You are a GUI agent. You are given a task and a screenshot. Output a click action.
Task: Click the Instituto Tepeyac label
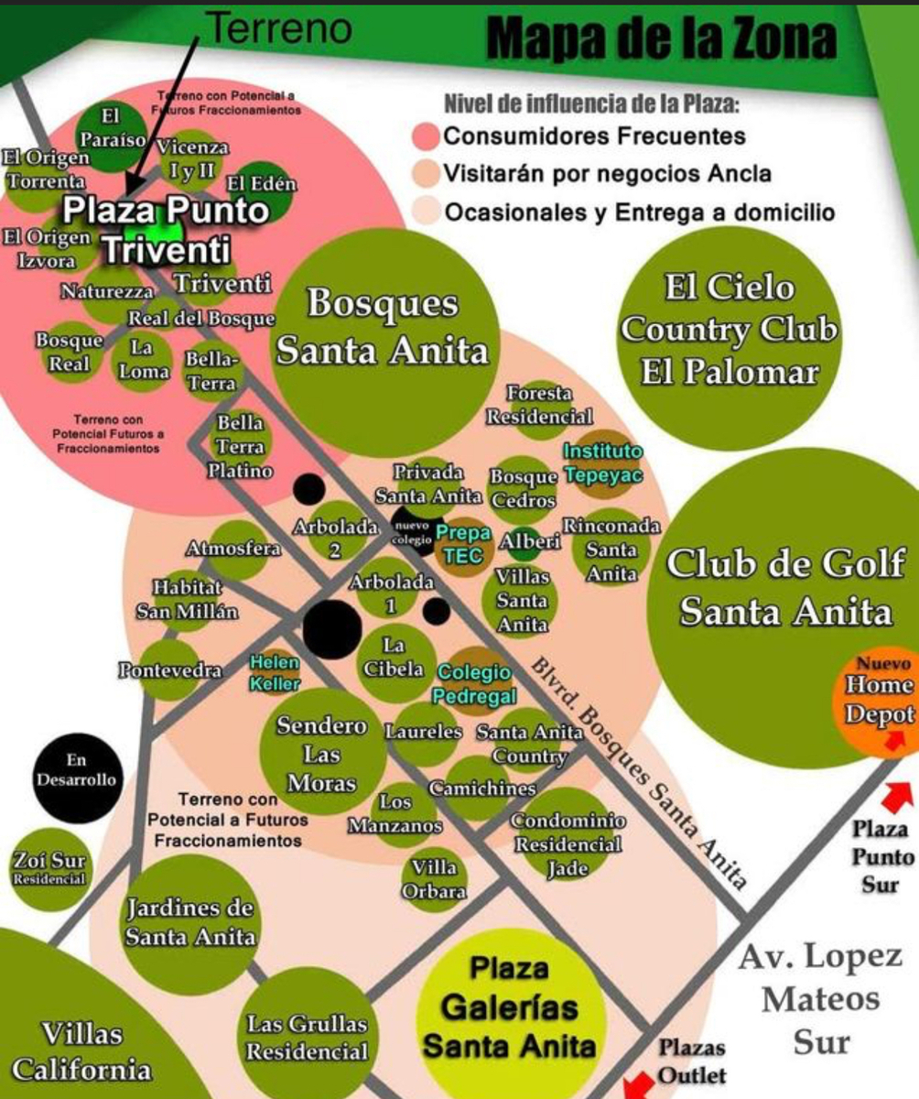(x=603, y=463)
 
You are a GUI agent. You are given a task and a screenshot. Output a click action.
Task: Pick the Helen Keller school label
(x=275, y=671)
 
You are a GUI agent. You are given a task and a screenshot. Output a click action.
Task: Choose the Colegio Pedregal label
(x=474, y=684)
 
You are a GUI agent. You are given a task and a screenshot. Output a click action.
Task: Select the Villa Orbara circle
(x=434, y=879)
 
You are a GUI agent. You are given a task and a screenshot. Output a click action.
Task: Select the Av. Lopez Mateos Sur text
(x=820, y=1000)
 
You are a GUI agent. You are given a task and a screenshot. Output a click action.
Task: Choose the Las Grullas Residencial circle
(x=307, y=1037)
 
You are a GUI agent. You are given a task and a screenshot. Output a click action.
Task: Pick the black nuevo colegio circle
(x=412, y=533)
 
